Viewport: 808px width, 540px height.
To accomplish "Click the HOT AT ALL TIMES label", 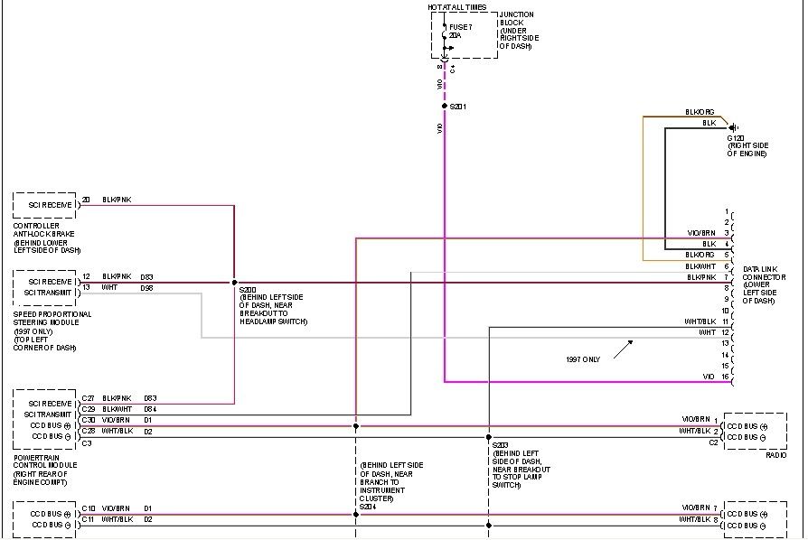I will click(x=457, y=7).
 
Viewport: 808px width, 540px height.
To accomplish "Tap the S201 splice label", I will click(x=458, y=107).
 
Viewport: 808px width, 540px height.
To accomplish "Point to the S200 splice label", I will click(x=248, y=289).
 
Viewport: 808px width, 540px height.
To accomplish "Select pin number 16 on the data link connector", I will click(x=725, y=376).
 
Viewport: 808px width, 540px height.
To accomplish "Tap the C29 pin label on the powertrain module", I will click(x=88, y=409).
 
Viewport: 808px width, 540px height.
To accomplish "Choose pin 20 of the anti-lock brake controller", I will click(x=86, y=200).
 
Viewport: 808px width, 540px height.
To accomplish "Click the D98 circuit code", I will click(x=146, y=287).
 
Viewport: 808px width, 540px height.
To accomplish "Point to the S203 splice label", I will click(x=501, y=445).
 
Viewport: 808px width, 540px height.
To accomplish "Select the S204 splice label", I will click(x=367, y=507).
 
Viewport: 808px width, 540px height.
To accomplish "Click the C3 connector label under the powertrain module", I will click(x=87, y=443).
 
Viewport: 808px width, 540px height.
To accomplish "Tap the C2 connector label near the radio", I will click(x=713, y=443).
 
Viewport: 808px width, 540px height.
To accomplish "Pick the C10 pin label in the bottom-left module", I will click(x=88, y=508).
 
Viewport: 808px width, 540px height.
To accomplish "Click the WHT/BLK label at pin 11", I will click(x=700, y=321).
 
